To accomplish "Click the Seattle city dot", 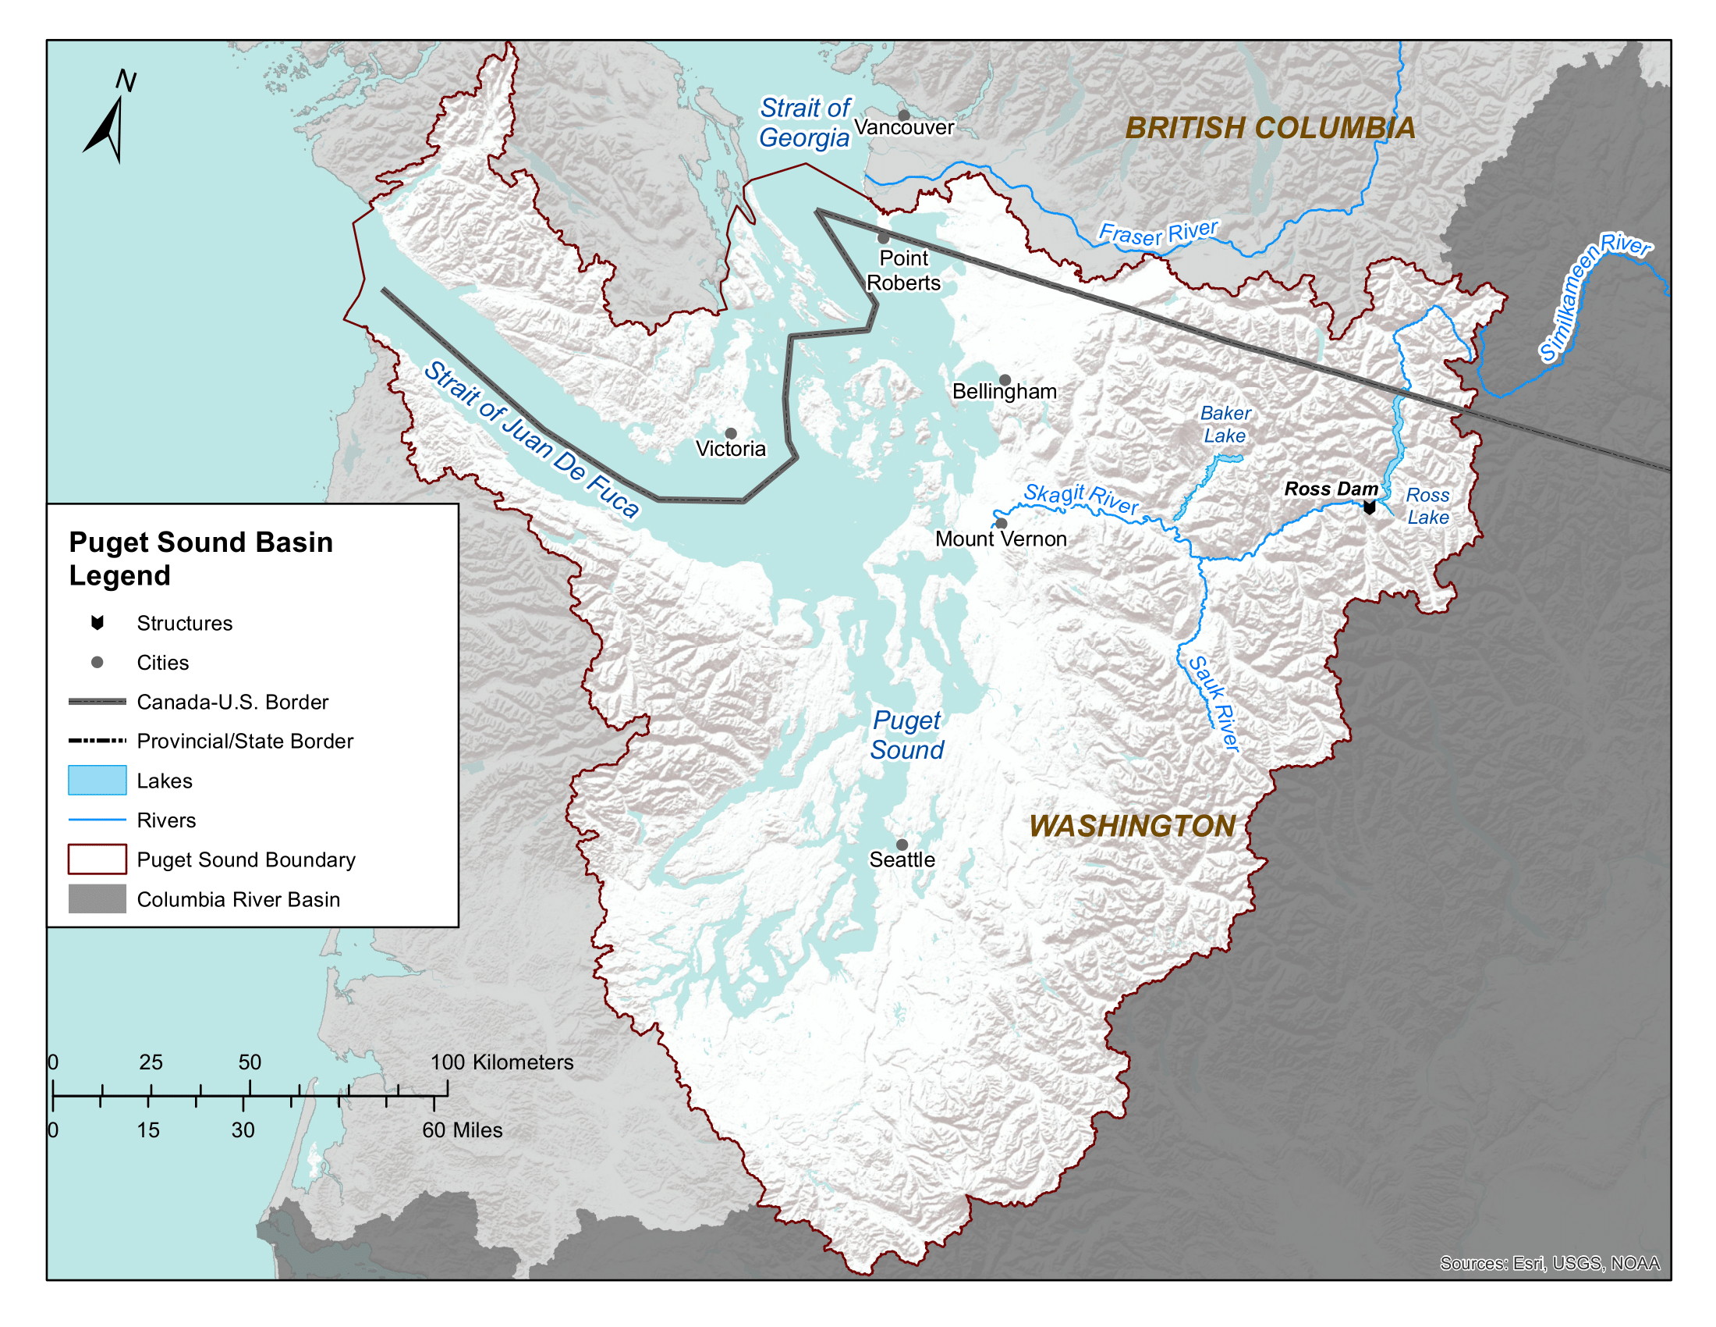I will pos(902,845).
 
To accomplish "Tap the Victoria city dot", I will pos(731,433).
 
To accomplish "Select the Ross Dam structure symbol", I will pos(1369,508).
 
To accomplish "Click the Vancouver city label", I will pos(903,127).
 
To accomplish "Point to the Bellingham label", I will pos(1004,392).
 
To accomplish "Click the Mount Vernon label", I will pos(1000,539).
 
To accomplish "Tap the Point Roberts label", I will pos(903,270).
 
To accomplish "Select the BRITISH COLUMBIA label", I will pos(1270,128).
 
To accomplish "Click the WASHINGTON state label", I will pos(1133,825).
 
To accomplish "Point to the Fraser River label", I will pos(1158,233).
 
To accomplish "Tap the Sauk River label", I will pos(1213,703).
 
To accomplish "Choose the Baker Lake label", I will pos(1225,425).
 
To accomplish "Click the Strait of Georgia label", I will pos(805,123).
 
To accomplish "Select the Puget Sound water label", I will pos(906,735).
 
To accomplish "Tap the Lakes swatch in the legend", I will pos(97,780).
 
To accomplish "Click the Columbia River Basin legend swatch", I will pos(97,898).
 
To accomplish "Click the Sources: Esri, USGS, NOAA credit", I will pos(1548,1262).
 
